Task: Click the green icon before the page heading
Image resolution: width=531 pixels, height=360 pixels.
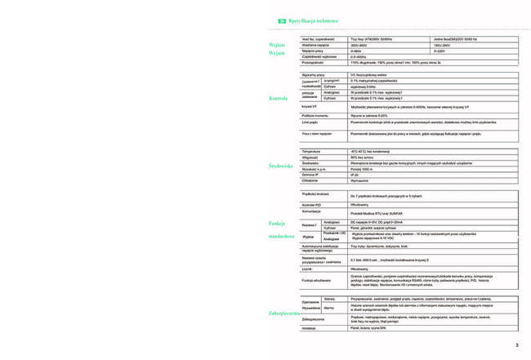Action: point(282,20)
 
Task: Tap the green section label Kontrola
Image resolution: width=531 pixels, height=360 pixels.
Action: point(279,98)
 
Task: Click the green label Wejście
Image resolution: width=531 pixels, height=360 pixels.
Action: point(277,44)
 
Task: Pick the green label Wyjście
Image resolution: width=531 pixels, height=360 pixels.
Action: point(277,53)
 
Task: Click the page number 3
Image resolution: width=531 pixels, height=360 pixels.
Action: point(517,345)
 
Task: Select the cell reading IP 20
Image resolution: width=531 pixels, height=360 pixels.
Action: point(355,175)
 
